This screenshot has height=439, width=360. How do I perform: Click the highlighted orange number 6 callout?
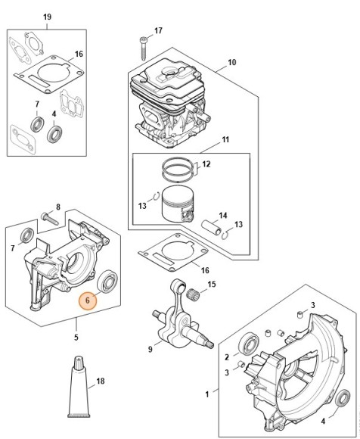tap(88, 300)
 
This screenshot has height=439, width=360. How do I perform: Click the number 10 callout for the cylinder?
tap(231, 62)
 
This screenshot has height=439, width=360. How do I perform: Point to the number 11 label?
tap(225, 139)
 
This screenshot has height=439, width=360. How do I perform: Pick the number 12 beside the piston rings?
tap(206, 163)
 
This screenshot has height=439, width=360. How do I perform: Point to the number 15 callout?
tap(212, 284)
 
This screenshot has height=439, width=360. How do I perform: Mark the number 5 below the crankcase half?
tap(76, 336)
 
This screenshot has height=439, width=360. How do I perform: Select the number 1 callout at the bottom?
tap(208, 394)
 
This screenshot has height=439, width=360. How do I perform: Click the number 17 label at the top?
tap(158, 31)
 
